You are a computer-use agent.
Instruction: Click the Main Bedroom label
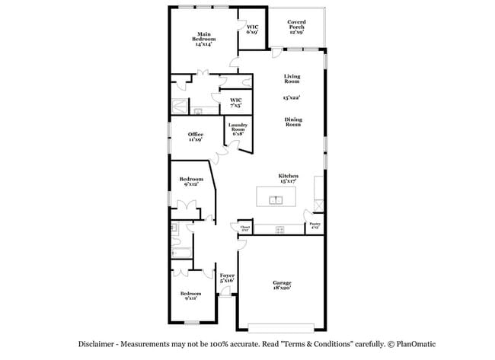point(203,39)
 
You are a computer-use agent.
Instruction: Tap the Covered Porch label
point(296,27)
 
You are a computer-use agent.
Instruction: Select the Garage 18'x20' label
point(282,285)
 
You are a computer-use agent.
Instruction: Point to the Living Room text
point(292,78)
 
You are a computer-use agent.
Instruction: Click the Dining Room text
point(293,121)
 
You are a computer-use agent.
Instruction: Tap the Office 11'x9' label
point(196,137)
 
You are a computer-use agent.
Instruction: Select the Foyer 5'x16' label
point(227,278)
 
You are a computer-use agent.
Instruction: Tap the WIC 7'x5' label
point(236,102)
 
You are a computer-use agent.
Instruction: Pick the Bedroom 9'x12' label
point(191,181)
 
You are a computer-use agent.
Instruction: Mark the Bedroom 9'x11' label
point(190,296)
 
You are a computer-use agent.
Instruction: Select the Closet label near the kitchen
point(245,228)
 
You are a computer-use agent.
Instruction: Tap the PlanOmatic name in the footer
point(411,343)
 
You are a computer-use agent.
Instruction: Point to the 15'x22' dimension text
point(292,97)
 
